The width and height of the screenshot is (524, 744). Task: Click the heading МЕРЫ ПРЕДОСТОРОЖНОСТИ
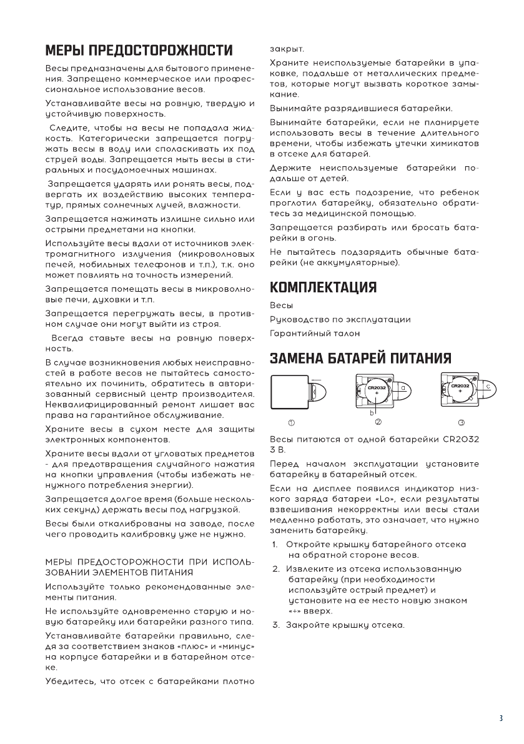coord(139,50)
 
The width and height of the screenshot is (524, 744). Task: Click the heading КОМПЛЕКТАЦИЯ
coord(323,287)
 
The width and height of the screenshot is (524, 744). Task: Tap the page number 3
coord(500,718)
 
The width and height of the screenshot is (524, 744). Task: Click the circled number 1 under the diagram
coord(291,423)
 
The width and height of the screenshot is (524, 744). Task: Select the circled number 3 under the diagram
coord(462,423)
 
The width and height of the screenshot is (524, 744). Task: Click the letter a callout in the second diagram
coord(403,388)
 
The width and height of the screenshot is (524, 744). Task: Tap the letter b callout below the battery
coord(372,413)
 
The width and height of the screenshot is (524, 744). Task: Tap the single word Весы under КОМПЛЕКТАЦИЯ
coord(280,305)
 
